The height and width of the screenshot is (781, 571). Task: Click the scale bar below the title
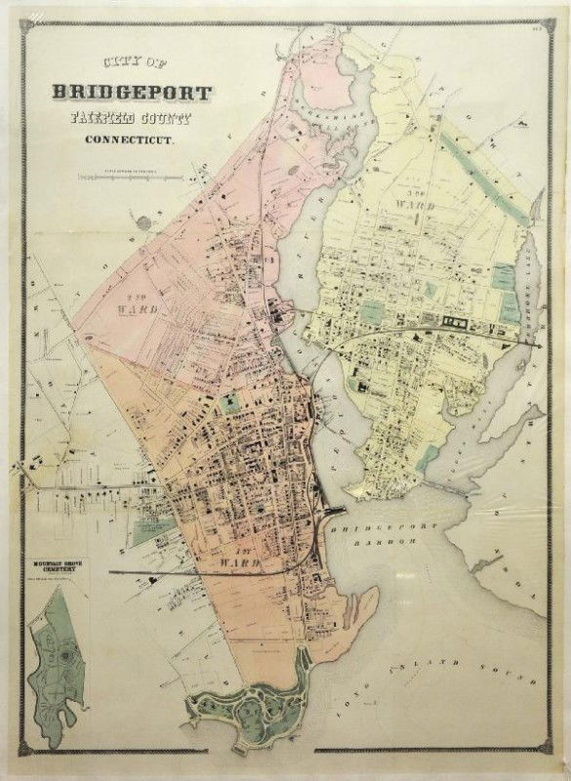coord(125,177)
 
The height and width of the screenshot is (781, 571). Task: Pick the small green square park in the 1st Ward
coord(229,400)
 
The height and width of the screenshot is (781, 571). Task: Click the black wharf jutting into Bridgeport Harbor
coord(336,514)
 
